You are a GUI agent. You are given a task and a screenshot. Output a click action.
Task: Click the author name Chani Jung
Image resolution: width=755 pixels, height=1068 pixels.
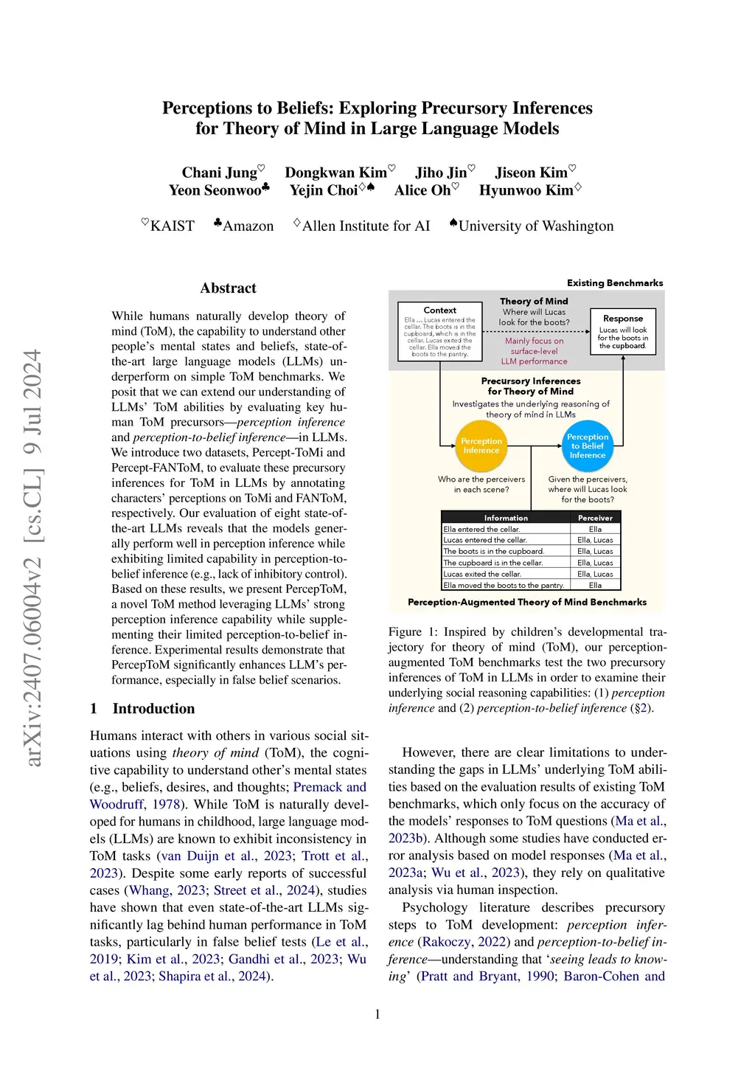219,173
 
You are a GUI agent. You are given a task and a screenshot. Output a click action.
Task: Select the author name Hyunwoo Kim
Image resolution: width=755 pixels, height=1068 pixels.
526,190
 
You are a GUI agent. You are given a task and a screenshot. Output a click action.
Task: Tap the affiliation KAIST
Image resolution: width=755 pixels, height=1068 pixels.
172,226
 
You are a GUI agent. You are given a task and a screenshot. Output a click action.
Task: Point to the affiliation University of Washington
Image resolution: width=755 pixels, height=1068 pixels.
535,226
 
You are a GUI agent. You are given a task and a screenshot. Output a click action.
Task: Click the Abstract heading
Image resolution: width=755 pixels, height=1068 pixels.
228,288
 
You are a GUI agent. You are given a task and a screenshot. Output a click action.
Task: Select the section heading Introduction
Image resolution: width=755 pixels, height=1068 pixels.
153,709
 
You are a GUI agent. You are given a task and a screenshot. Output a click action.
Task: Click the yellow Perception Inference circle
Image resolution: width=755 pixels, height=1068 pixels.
481,446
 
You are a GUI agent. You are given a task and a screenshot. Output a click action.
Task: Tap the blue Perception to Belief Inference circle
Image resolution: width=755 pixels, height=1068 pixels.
588,446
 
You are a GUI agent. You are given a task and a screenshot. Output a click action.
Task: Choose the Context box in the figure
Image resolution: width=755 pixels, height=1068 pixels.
439,331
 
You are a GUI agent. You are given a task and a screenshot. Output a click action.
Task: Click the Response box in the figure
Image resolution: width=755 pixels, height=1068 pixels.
623,331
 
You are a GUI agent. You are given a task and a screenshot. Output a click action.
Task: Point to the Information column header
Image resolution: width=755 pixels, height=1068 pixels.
506,518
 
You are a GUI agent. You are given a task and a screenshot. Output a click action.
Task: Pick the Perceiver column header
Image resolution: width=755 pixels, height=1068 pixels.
595,518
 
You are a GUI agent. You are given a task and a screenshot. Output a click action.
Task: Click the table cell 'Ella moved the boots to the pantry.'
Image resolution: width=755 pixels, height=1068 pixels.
504,586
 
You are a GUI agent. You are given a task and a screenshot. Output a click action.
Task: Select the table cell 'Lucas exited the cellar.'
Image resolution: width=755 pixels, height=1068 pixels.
482,574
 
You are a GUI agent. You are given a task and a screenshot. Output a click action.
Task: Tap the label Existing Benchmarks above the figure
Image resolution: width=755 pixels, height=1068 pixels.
615,283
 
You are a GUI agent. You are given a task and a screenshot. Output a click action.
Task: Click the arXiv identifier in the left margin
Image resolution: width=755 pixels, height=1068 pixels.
33,558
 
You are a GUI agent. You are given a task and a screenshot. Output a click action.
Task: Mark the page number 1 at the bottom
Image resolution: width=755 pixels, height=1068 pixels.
377,1014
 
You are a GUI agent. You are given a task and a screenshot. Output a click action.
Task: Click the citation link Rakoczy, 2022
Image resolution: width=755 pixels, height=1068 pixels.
464,942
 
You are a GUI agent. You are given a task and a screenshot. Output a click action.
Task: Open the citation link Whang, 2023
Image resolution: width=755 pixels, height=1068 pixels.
167,890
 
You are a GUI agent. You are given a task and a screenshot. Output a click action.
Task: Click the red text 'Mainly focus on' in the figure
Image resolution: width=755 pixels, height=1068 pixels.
534,341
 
